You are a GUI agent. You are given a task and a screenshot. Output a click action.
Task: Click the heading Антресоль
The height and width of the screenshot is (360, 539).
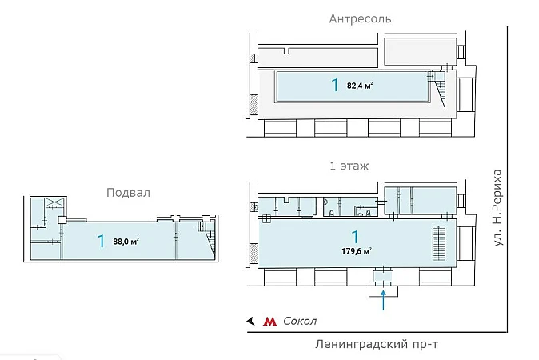[359, 18]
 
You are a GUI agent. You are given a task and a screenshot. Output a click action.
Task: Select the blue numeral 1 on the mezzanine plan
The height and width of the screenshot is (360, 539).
[334, 85]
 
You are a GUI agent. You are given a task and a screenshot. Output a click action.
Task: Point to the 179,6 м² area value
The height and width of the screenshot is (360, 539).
[357, 250]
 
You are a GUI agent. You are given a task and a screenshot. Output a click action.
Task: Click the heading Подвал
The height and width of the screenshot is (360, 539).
[128, 193]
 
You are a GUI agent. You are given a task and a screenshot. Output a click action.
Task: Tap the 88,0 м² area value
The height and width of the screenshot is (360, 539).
[126, 241]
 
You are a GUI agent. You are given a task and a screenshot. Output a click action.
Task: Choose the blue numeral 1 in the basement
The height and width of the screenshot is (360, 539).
[102, 241]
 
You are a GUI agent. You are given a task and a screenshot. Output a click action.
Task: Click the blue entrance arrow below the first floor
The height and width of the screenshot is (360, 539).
[384, 299]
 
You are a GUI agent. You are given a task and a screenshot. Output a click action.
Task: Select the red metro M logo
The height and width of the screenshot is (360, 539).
[270, 321]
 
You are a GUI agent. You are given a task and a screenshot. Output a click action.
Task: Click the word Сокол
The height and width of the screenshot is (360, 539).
[301, 321]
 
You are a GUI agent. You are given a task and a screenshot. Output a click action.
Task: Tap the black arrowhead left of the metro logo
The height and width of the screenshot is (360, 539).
[250, 321]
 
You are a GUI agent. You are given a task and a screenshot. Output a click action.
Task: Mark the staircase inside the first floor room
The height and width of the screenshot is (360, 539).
[437, 242]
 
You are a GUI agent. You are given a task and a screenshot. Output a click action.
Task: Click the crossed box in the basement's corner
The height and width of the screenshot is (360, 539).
[54, 203]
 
